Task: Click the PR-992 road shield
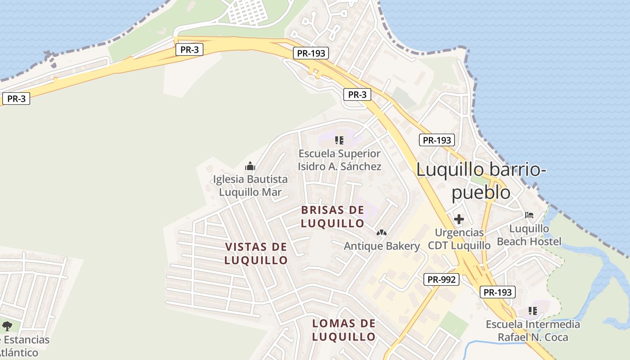pos(442,279)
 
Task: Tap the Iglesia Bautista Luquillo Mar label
pos(250,186)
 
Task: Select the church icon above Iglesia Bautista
pos(250,166)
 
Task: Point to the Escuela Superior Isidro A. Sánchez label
pos(340,160)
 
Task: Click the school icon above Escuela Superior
pos(340,140)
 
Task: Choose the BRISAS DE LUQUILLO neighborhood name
pos(333,216)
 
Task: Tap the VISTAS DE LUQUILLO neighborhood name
pos(256,253)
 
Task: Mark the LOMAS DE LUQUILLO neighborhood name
pos(344,330)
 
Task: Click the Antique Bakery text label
pos(382,246)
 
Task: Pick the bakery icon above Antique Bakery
pos(382,233)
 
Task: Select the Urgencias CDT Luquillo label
pos(459,239)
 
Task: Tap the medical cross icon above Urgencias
pos(459,219)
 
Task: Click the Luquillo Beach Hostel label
pos(529,235)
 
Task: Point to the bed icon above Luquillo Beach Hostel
pos(529,215)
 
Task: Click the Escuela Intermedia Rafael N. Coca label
pos(533,331)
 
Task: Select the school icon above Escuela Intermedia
pos(533,310)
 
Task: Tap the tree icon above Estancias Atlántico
pos(7,326)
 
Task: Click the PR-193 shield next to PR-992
pos(498,292)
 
